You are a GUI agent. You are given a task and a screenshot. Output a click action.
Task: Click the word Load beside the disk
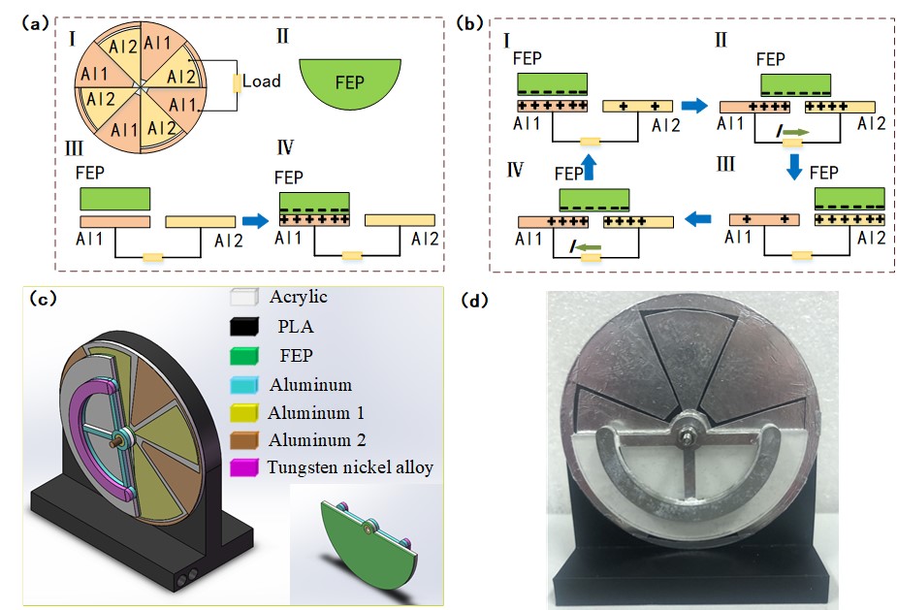tap(262, 81)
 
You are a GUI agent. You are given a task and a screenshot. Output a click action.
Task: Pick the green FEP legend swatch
tap(243, 357)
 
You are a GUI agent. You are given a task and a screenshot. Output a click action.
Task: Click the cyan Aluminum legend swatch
tap(243, 385)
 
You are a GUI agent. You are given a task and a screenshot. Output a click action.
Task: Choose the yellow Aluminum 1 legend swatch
tap(243, 413)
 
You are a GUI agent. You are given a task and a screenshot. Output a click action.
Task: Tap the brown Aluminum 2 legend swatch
tap(243, 440)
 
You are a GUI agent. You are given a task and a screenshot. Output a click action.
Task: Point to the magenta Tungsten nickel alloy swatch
tap(243, 468)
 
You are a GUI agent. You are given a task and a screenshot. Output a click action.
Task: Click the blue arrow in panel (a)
tap(255, 222)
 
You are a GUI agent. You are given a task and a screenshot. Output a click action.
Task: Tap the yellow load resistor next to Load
tap(236, 82)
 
